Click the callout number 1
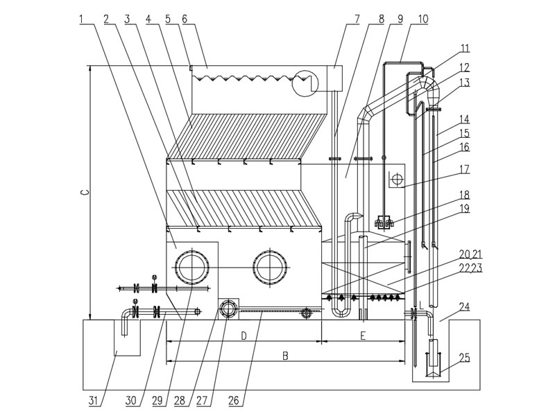pos(82,19)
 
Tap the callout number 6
pos(184,19)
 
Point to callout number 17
pos(463,168)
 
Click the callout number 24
pos(463,306)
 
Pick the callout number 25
pos(463,358)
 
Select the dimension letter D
pos(244,336)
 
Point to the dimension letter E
pos(364,336)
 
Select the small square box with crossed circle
pos(397,180)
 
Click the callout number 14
pos(463,119)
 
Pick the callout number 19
pos(463,208)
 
